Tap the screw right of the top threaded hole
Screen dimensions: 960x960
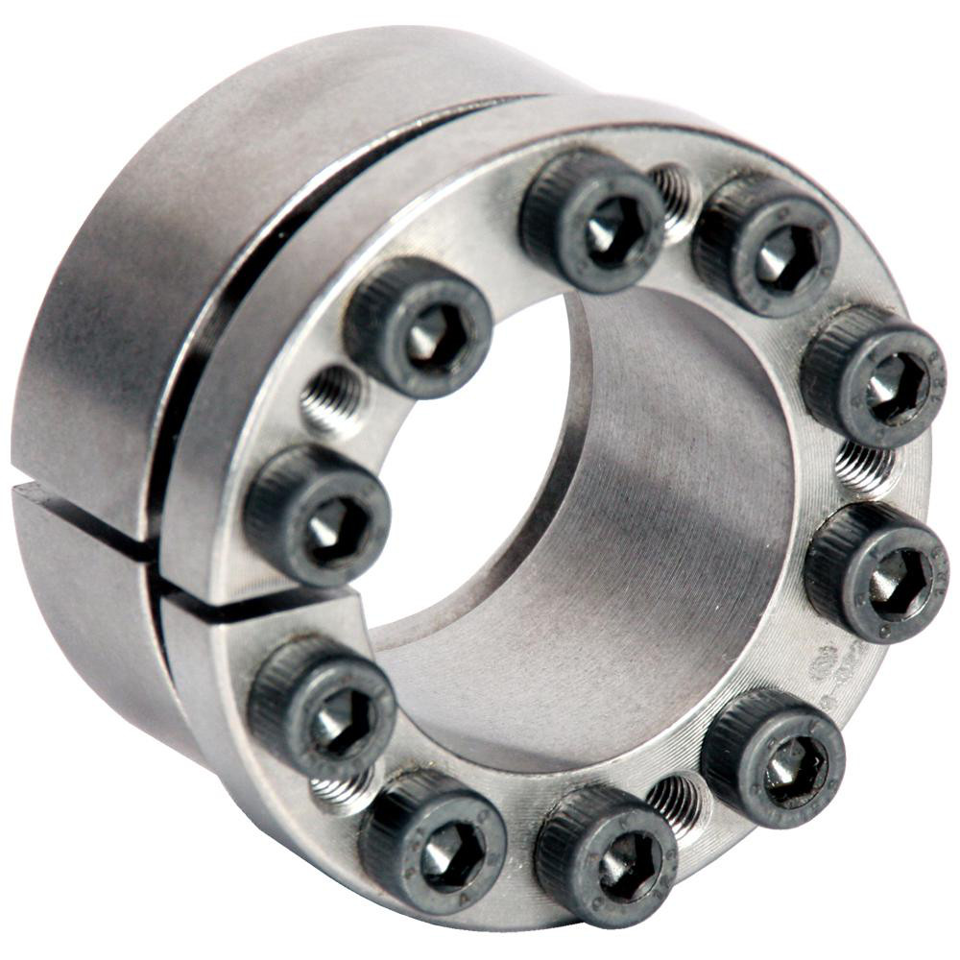768,245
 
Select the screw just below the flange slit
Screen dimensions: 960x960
322,706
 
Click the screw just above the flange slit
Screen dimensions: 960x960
317,514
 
